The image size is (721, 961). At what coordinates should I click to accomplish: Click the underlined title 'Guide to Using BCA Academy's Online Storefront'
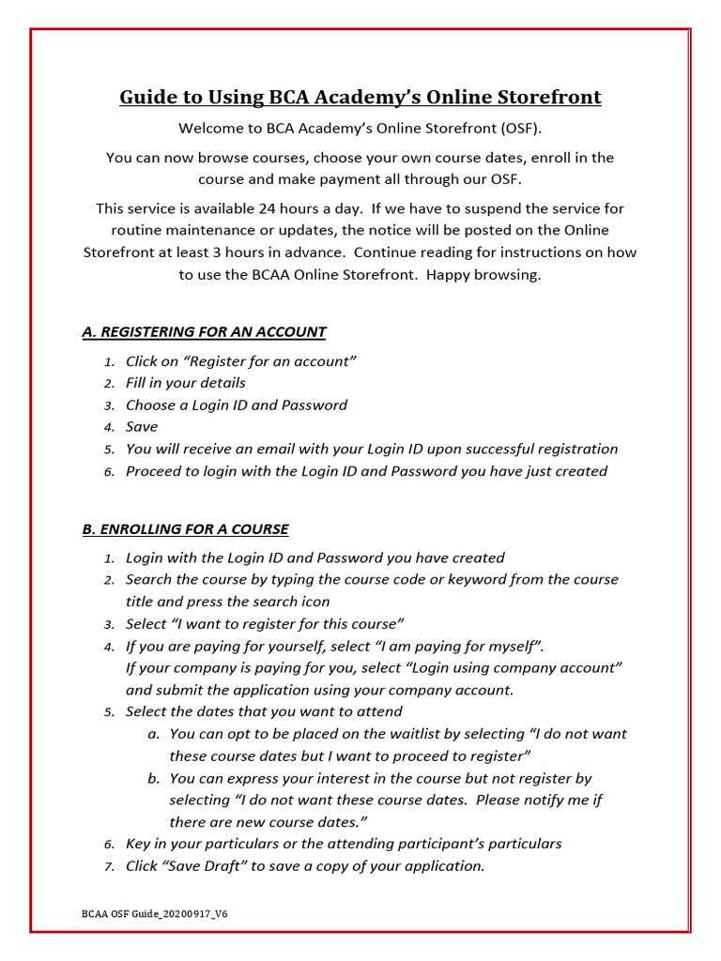pos(360,98)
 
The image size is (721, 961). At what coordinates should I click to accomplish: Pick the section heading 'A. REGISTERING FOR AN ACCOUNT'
pos(204,331)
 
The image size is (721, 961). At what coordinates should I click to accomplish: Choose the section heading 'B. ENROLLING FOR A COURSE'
pos(185,529)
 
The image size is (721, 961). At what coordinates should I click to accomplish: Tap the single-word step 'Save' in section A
pos(142,427)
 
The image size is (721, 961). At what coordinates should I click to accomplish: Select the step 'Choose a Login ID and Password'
pos(237,405)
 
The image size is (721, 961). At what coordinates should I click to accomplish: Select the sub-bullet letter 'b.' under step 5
pos(153,778)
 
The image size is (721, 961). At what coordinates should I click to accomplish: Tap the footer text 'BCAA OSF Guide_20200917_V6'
pos(155,913)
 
